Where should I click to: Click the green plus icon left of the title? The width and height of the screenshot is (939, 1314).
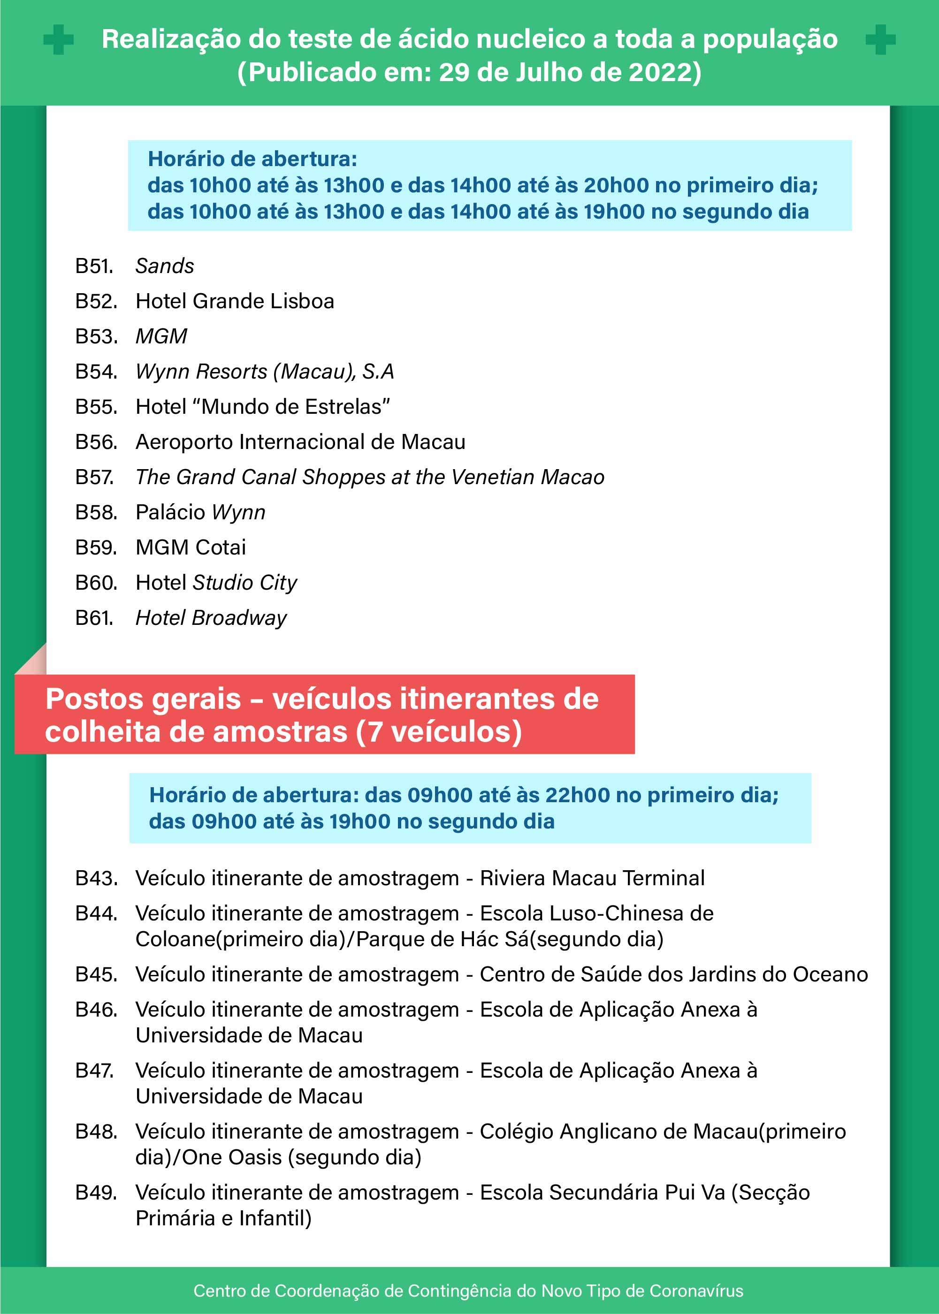[58, 40]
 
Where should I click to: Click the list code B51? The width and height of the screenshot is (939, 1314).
[94, 266]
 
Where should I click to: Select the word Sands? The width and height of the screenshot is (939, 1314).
[165, 266]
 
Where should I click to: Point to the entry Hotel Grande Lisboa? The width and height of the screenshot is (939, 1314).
[235, 301]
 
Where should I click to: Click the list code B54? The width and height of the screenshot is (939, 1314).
[96, 372]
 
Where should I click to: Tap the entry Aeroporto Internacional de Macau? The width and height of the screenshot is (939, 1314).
[300, 441]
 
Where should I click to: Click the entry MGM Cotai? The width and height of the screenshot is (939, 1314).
[191, 547]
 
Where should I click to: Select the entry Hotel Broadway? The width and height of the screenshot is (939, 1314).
[211, 618]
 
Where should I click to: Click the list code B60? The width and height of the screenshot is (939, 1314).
[96, 583]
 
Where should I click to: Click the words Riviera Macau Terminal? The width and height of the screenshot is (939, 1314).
[592, 878]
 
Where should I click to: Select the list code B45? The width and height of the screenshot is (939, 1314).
[96, 974]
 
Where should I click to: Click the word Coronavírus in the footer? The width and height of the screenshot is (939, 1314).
[696, 1291]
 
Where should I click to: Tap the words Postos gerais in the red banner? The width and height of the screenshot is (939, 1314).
[143, 699]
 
